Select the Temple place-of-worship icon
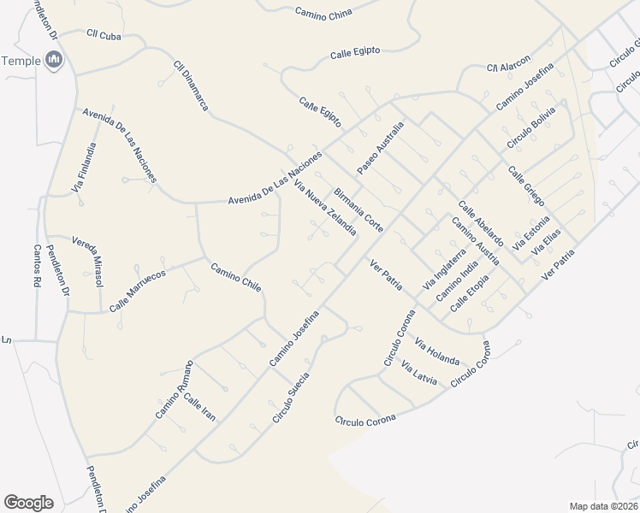55,60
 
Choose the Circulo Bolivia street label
531,126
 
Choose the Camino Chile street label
236,277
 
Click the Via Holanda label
436,352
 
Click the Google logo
28,503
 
